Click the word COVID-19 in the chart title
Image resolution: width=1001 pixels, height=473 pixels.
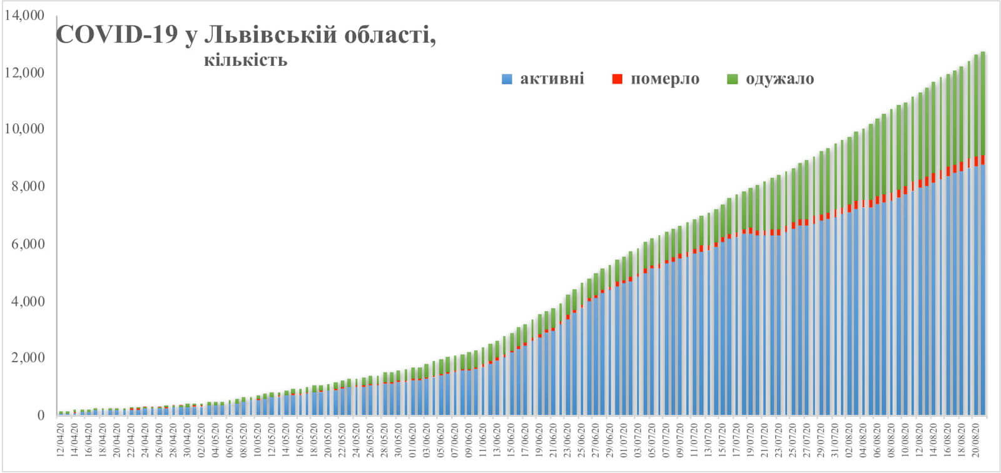[118, 35]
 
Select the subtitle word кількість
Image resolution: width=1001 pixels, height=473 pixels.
[245, 61]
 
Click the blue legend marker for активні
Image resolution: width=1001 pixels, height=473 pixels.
[507, 79]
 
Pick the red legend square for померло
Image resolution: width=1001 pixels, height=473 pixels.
[617, 79]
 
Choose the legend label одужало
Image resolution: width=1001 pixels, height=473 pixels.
[780, 79]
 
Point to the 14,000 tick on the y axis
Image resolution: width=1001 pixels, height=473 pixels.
[24, 15]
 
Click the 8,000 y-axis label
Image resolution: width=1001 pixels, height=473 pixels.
[28, 186]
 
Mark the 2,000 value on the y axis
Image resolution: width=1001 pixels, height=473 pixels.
[28, 358]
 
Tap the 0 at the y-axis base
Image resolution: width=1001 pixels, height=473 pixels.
[41, 415]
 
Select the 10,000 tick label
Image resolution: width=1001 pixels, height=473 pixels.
[24, 129]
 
